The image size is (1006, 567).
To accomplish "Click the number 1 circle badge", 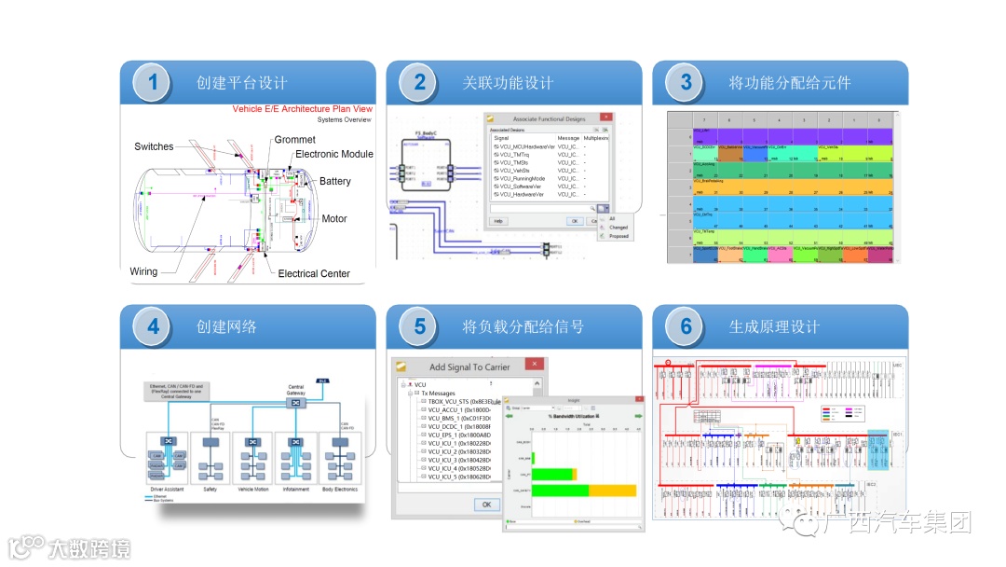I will coord(153,83).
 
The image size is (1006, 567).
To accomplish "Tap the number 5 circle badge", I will coord(419,327).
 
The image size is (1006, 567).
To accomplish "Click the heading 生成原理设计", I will coord(774,327).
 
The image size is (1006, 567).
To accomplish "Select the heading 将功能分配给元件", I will coord(790,83).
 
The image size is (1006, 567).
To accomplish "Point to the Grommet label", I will coord(294,140).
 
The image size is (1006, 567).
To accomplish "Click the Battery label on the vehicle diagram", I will coord(335,181).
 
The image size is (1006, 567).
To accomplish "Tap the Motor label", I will coord(334,219).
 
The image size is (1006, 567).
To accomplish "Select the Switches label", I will coord(154,146).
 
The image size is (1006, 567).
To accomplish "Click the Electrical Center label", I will coord(314,273).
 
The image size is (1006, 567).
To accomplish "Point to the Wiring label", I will coord(143,271).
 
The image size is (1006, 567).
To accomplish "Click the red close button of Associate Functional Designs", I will coord(605,118).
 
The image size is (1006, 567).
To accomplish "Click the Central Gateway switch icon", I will coord(295,406).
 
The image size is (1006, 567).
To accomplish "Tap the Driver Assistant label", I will coord(168,489).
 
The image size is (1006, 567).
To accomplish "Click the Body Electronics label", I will coord(340,489).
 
